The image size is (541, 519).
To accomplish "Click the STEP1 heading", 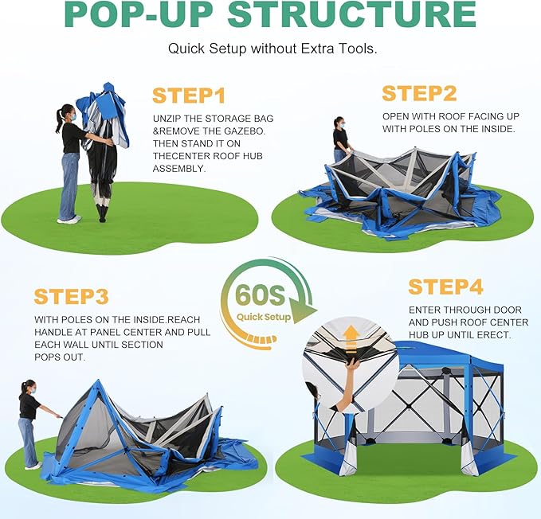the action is pyautogui.click(x=189, y=96).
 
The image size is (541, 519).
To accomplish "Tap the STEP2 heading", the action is pyautogui.click(x=419, y=93).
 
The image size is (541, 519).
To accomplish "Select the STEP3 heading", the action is pyautogui.click(x=72, y=296).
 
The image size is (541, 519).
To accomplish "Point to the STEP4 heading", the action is pyautogui.click(x=445, y=287).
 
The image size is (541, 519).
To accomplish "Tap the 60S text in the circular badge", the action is pyautogui.click(x=261, y=295).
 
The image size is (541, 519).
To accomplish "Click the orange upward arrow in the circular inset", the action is pyautogui.click(x=351, y=339).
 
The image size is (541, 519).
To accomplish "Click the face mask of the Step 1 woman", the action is pyautogui.click(x=73, y=117).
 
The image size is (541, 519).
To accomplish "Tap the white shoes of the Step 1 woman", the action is pyautogui.click(x=69, y=219).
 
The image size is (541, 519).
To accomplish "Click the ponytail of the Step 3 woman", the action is pyautogui.click(x=23, y=388).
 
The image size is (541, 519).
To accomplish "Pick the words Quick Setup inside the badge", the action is pyautogui.click(x=264, y=317).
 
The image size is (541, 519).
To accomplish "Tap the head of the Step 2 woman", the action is pyautogui.click(x=339, y=122).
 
